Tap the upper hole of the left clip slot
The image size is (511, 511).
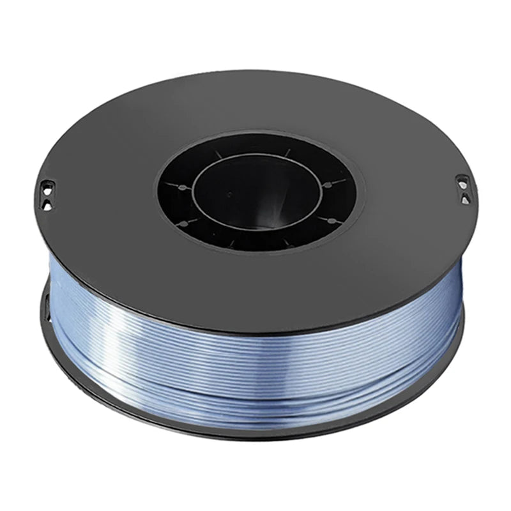pyautogui.click(x=45, y=186)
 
